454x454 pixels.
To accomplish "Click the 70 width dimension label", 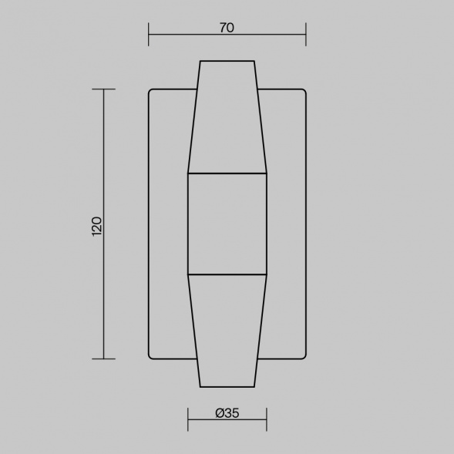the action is coord(227,28).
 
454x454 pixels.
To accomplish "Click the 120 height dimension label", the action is coord(96,227).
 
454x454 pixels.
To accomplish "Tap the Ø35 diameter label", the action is coord(227,413).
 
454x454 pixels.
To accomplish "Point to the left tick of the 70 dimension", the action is coord(149,35).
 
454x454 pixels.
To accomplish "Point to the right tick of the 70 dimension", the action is coord(306,35).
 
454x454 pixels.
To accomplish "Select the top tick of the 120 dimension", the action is coord(103,89).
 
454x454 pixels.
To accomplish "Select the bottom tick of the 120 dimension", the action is coord(103,359).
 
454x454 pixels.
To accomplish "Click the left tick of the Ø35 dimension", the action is coord(188,419).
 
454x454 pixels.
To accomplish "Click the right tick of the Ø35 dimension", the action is coord(267,419).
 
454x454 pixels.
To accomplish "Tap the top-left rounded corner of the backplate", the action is coord(150,91).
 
